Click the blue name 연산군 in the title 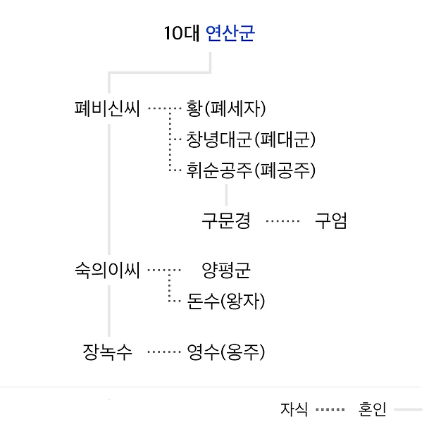coord(230,34)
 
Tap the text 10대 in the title coord(181,34)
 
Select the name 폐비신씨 coord(108,109)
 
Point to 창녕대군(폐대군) coord(251,139)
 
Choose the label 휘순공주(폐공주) coord(251,170)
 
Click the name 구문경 coord(226,221)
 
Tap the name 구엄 coord(330,221)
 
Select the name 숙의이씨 coord(108,271)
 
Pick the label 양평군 coord(226,271)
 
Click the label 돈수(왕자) coord(226,301)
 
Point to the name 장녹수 coord(108,352)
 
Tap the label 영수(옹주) coord(226,352)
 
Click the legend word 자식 coord(294,409)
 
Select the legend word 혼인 coord(373,409)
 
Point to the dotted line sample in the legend coord(330,409)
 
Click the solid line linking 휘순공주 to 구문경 coord(226,195)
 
